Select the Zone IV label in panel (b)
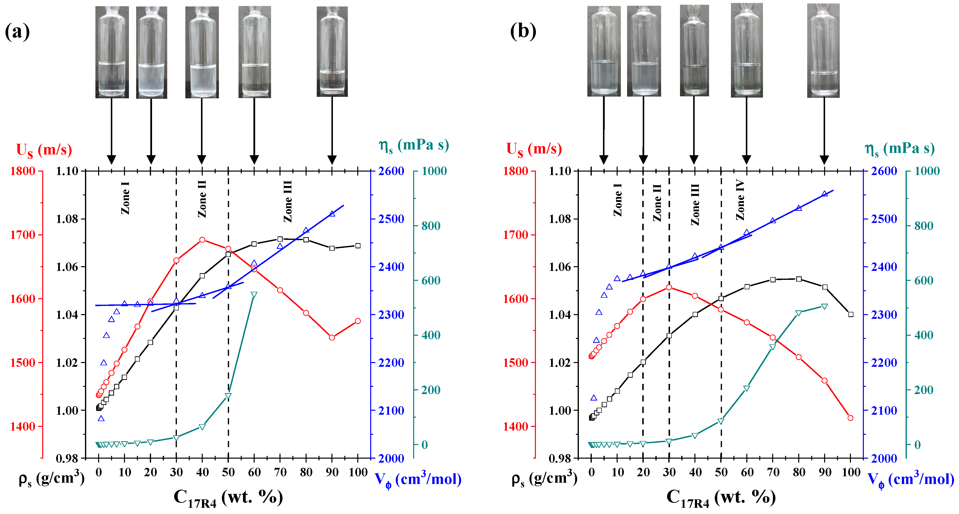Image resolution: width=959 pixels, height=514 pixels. click(x=740, y=200)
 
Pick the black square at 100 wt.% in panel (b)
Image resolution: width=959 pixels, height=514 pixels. click(x=851, y=315)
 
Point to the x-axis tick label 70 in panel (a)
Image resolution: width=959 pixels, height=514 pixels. click(x=280, y=472)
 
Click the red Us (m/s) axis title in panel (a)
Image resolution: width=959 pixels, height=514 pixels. click(x=44, y=150)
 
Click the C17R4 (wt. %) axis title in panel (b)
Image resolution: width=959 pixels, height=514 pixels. click(x=721, y=498)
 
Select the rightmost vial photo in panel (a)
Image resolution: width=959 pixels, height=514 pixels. click(x=332, y=52)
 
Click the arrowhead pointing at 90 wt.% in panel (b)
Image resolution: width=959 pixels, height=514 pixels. click(x=824, y=160)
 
